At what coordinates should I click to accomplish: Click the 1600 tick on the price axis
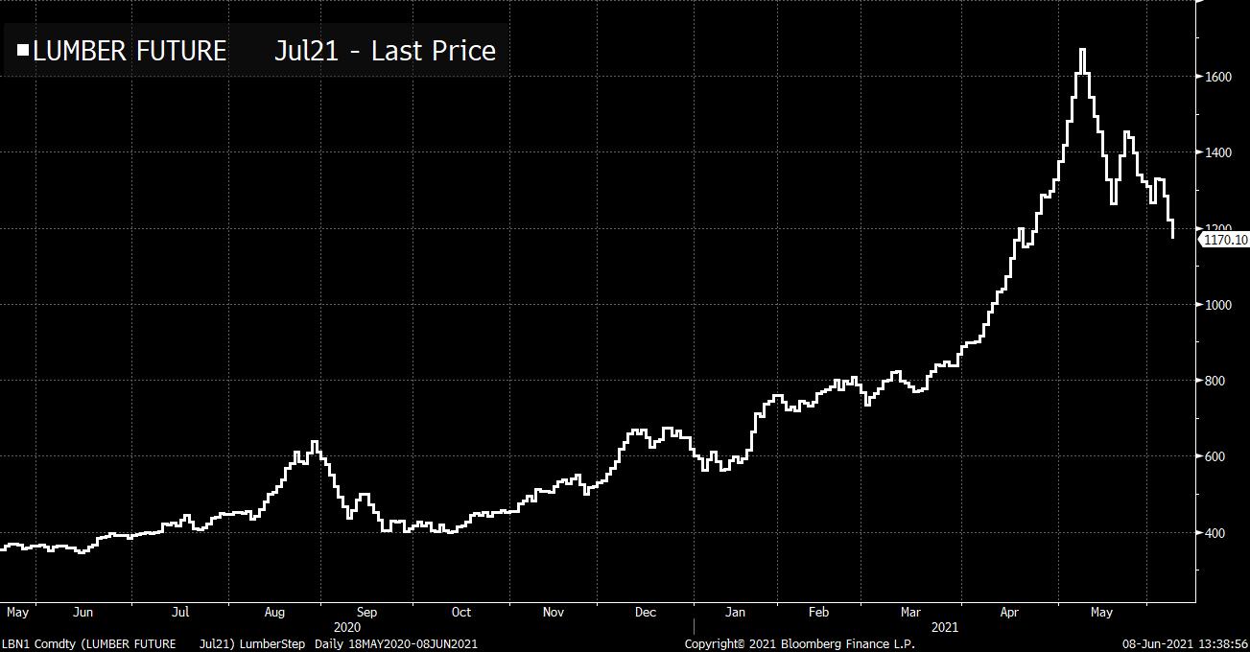(1217, 77)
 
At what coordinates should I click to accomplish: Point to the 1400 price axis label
(1217, 152)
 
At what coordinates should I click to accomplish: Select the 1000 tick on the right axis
(1217, 305)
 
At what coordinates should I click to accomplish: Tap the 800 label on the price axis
(1215, 381)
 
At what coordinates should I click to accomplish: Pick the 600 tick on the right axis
(1215, 456)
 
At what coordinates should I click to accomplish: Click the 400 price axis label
(1215, 533)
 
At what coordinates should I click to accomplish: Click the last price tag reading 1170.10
(1224, 239)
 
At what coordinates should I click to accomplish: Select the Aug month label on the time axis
(274, 612)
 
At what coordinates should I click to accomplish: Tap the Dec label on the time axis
(645, 612)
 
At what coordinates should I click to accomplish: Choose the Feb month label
(818, 612)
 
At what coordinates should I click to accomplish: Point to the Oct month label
(461, 612)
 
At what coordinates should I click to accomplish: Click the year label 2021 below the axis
(945, 626)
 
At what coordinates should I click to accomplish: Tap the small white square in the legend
(23, 50)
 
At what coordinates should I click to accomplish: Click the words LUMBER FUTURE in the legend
(130, 51)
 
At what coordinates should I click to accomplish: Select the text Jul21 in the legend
(306, 51)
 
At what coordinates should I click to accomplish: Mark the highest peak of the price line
(1082, 50)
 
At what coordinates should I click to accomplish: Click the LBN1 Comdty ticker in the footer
(34, 643)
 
